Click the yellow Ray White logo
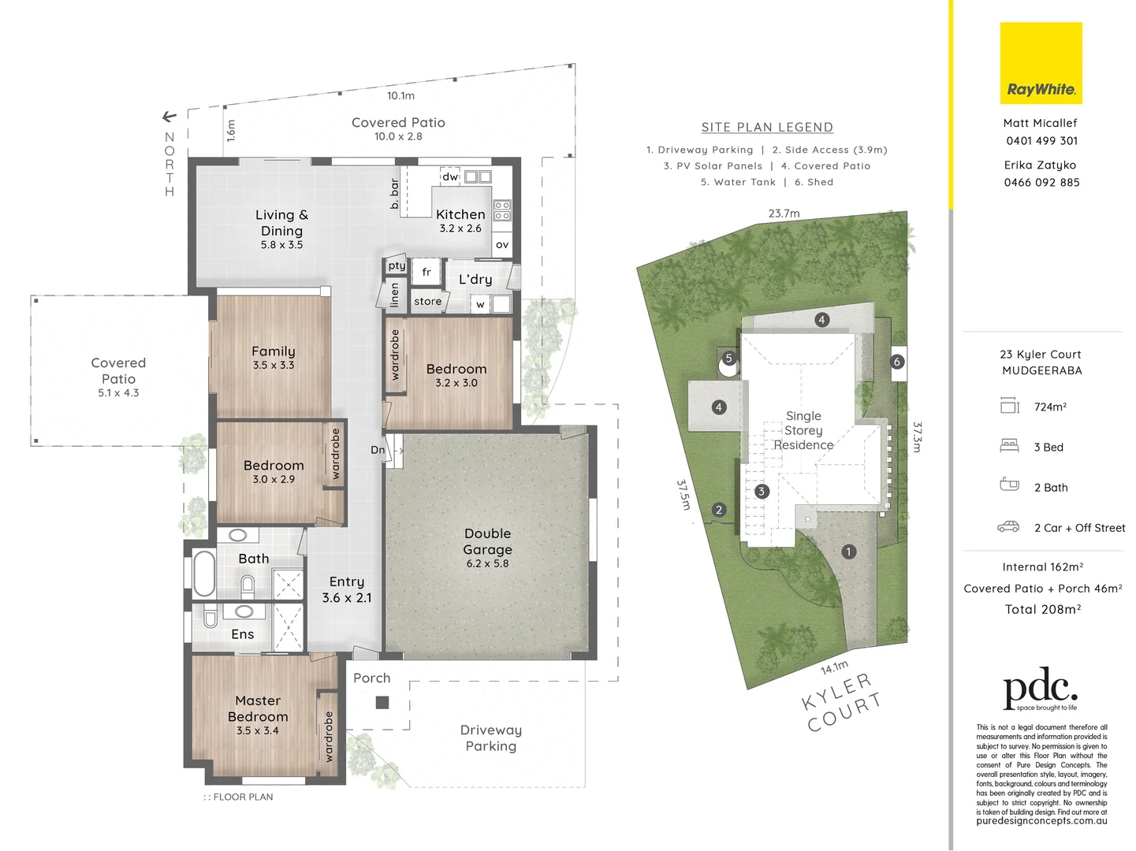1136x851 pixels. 1041,63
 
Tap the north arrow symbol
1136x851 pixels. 169,117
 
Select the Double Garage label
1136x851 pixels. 487,542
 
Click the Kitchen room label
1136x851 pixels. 460,214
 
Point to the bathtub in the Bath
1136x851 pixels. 204,573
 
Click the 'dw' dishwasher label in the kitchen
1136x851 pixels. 450,177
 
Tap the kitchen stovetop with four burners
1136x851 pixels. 502,210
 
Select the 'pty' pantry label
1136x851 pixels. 397,266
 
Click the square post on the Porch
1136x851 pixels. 382,702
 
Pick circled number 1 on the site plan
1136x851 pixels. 848,552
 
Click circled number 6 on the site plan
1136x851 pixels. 897,362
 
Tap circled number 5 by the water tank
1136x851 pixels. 728,359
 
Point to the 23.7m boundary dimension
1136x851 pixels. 784,214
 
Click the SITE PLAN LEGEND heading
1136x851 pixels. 767,128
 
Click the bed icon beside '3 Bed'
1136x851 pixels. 1009,446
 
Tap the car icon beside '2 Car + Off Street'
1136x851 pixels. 1008,527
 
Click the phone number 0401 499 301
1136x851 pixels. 1041,141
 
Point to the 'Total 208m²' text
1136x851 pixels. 1042,609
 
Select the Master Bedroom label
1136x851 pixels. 258,708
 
